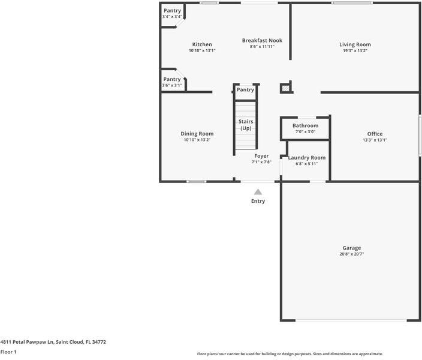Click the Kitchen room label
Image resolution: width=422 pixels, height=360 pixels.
tap(202, 44)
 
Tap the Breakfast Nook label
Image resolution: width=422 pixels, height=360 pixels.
tap(262, 40)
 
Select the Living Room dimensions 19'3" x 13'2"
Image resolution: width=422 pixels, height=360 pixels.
tap(355, 51)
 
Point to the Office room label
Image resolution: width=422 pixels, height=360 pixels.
tap(375, 134)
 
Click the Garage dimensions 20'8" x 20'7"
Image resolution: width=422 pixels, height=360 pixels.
tap(352, 254)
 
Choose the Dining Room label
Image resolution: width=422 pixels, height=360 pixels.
tap(197, 133)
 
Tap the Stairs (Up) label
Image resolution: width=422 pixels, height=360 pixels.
tap(246, 125)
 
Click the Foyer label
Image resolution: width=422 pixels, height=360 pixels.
tap(261, 156)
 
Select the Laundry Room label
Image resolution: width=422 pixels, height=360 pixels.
tap(307, 158)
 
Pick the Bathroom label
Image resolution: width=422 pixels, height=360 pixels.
tap(305, 125)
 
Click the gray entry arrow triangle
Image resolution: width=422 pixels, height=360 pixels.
tap(258, 191)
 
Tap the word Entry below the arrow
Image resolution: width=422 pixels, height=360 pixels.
tap(258, 201)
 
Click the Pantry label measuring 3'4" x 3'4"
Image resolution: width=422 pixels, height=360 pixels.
tap(172, 11)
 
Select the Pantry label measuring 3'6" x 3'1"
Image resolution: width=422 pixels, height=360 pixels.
tap(172, 79)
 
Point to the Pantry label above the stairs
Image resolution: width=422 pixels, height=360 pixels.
tap(245, 89)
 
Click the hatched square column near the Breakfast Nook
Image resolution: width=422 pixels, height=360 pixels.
tap(286, 88)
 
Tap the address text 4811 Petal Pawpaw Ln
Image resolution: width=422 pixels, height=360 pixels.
tap(53, 341)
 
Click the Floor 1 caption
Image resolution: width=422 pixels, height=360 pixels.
tap(8, 352)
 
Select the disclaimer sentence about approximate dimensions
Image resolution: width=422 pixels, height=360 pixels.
tap(290, 353)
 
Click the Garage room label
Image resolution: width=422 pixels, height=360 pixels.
tap(352, 248)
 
